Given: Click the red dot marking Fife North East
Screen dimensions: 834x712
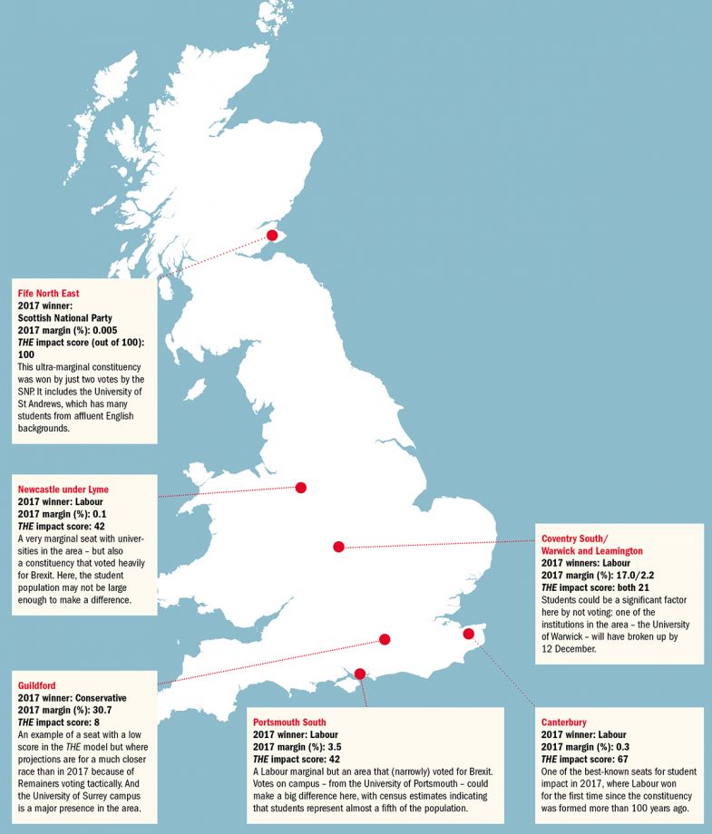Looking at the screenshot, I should (271, 235).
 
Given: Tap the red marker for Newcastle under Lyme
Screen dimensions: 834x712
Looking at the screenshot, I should (301, 488).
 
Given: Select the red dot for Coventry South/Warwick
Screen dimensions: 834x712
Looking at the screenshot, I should (338, 547).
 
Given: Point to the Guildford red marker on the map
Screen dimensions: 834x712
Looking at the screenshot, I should (385, 639).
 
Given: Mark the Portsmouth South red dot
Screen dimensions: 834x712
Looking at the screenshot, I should (360, 674).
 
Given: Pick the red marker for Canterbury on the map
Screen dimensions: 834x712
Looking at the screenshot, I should (469, 634).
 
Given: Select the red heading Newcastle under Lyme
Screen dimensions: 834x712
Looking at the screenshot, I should (63, 490).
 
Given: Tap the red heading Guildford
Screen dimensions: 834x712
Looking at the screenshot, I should (37, 686).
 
